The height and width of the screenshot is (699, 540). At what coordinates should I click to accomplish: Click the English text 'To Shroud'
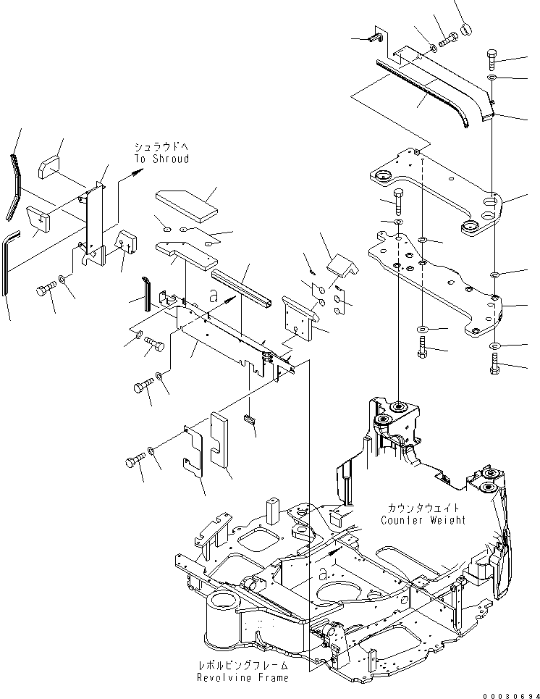tap(161, 159)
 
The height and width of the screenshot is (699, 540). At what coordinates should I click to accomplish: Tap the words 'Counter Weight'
tap(423, 520)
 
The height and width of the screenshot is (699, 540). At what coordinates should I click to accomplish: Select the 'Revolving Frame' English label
tap(242, 677)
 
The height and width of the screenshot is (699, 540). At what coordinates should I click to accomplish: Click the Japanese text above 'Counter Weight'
tap(423, 508)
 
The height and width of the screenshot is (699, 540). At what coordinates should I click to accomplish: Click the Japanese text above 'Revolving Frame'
tap(242, 665)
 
